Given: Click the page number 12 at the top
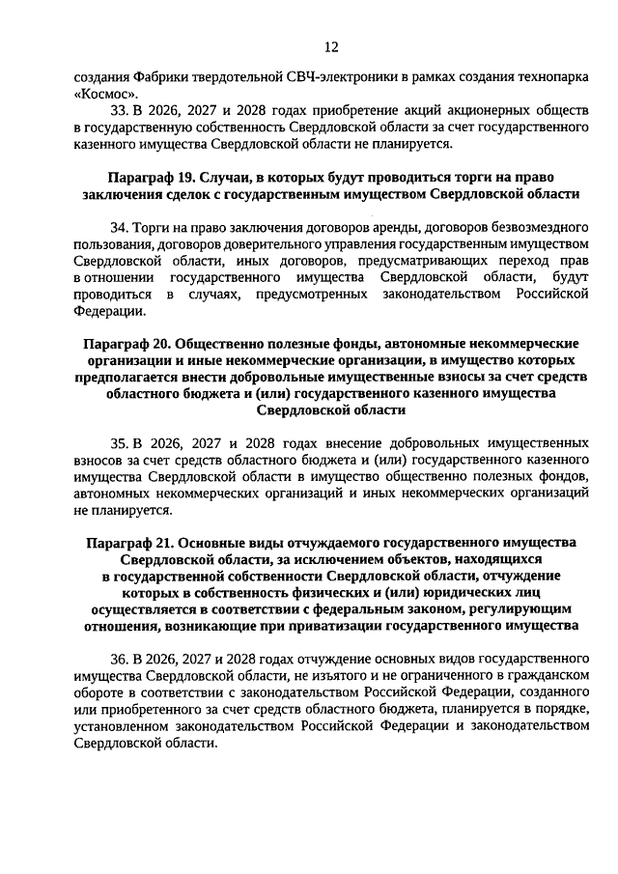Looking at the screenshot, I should tap(331, 46).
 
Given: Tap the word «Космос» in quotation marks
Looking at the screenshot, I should tap(104, 94).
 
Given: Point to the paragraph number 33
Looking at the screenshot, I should tap(121, 110).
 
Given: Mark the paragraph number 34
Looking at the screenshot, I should tap(121, 227).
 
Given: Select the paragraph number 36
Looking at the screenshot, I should tap(121, 659).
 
